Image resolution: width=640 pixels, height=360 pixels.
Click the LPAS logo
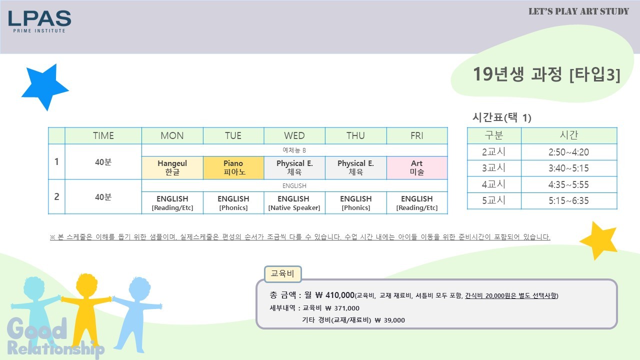point(39,21)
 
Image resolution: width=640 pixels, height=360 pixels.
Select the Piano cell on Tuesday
point(233,167)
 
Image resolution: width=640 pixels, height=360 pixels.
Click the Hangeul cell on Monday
point(172,167)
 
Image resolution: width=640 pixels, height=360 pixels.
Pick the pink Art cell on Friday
point(417,167)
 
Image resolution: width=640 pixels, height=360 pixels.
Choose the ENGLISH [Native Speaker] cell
point(294,203)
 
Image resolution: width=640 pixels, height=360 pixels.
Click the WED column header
point(294,135)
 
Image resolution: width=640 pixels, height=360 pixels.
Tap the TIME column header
point(103,135)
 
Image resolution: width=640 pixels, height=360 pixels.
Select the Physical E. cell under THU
point(355,167)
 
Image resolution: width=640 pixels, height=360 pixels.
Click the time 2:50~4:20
point(568,152)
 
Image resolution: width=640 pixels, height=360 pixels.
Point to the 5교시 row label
point(493,200)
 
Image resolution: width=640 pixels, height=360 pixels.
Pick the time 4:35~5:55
point(568,184)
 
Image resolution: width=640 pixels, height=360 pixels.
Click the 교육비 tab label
point(282,273)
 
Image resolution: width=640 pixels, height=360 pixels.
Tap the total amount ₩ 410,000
point(335,295)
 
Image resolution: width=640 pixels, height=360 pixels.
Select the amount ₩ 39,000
point(389,320)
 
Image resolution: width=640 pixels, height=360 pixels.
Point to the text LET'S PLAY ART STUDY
point(578,11)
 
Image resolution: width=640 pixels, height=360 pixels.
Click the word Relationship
point(55,348)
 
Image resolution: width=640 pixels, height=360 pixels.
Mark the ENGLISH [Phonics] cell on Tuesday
point(233,203)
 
